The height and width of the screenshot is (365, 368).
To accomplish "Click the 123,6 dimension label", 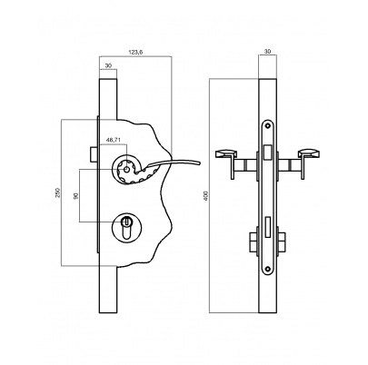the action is pyautogui.click(x=135, y=52).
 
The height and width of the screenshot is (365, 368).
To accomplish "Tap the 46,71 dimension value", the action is pyautogui.click(x=113, y=140).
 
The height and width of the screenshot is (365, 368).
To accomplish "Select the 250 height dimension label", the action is pyautogui.click(x=58, y=192).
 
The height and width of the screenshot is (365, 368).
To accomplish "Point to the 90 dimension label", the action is pyautogui.click(x=76, y=196).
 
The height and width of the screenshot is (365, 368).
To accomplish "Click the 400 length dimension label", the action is pyautogui.click(x=206, y=195).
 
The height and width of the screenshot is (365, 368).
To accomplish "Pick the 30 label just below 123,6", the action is pyautogui.click(x=108, y=65).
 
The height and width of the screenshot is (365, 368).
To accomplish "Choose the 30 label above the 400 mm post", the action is pyautogui.click(x=267, y=52).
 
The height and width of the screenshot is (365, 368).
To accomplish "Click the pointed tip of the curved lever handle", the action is pyautogui.click(x=200, y=163).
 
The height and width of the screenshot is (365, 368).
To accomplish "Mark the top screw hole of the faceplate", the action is pyautogui.click(x=267, y=125).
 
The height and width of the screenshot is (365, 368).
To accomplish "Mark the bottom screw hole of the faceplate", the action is pyautogui.click(x=267, y=267).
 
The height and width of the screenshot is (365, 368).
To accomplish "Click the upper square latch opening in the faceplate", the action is pyautogui.click(x=267, y=153).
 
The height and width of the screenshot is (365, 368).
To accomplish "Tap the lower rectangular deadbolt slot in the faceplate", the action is pyautogui.click(x=267, y=227).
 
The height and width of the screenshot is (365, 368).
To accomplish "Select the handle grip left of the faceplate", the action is pyautogui.click(x=225, y=154).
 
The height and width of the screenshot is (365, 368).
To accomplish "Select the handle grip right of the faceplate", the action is pyautogui.click(x=309, y=154).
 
